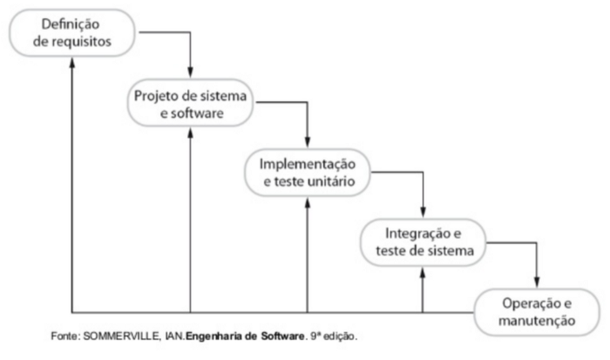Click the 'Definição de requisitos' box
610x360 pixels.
click(72, 33)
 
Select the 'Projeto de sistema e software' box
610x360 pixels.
click(190, 103)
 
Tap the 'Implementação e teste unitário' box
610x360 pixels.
click(308, 173)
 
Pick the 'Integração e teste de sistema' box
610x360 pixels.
click(424, 242)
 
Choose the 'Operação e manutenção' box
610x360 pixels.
click(537, 312)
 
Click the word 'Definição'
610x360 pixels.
click(71, 24)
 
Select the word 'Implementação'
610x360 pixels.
click(308, 164)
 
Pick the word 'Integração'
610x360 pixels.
click(414, 234)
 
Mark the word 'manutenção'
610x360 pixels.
click(537, 321)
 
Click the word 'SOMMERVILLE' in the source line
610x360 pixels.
click(121, 336)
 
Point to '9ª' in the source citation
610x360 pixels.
click(315, 336)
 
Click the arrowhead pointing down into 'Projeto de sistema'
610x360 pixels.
click(190, 72)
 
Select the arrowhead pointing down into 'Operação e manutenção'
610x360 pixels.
click(537, 282)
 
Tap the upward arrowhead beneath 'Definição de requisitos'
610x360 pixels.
click(72, 63)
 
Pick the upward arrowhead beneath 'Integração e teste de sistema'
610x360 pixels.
click(423, 273)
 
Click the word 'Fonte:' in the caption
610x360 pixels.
click(65, 336)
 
